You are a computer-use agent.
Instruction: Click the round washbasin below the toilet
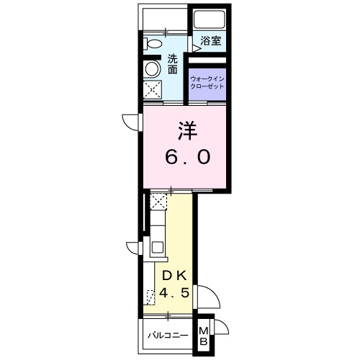pyautogui.click(x=152, y=68)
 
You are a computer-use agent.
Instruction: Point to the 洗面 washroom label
pyautogui.click(x=173, y=64)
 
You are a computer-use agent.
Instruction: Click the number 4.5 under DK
pyautogui.click(x=174, y=295)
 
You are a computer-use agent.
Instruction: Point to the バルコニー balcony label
pyautogui.click(x=168, y=336)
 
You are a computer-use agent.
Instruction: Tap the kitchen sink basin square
pyautogui.click(x=157, y=251)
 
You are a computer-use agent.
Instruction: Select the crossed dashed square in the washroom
pyautogui.click(x=152, y=91)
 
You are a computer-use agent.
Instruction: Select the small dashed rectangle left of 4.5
pyautogui.click(x=150, y=297)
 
